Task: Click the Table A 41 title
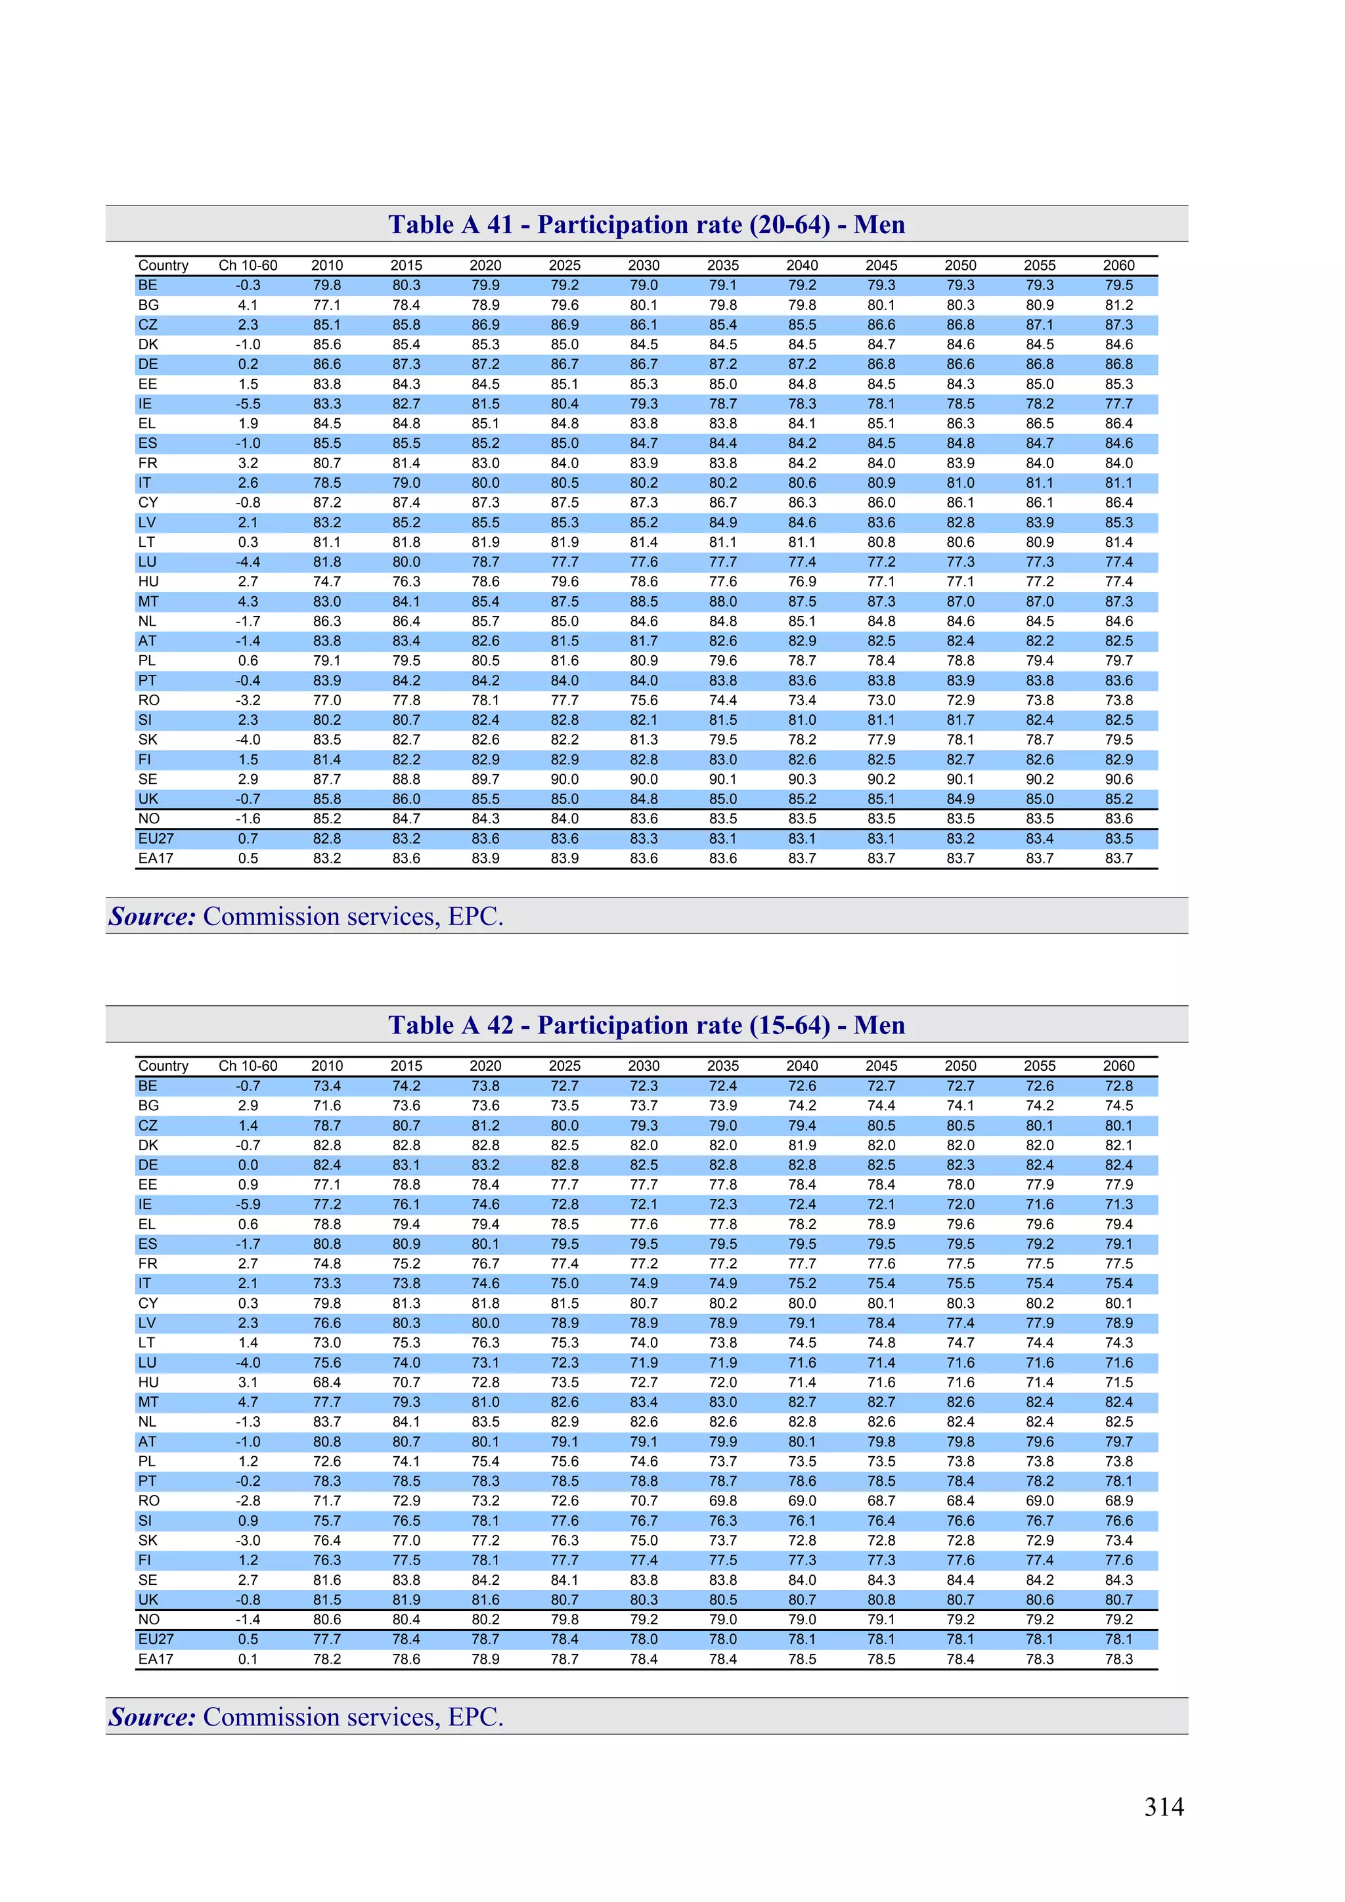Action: (646, 225)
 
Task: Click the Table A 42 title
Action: (646, 1025)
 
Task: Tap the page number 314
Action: (1164, 1807)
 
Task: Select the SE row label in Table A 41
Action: (148, 779)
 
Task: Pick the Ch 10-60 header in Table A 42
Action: (248, 1066)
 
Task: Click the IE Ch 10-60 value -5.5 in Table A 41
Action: (248, 404)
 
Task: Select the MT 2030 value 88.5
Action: (643, 601)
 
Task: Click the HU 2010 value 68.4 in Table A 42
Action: (326, 1383)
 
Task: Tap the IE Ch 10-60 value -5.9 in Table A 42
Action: (248, 1205)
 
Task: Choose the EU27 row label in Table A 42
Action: (156, 1639)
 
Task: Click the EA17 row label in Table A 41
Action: (156, 858)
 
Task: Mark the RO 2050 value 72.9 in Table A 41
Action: (959, 700)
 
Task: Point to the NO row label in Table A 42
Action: (148, 1620)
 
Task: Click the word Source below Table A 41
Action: (152, 917)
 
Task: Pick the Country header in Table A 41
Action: (164, 265)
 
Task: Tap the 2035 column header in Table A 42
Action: (722, 1066)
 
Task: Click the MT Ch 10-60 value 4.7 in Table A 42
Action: (248, 1402)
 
